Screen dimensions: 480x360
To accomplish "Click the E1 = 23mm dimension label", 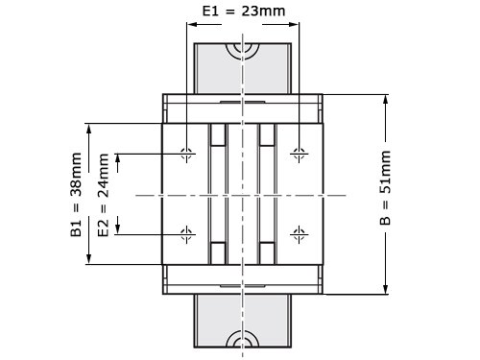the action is [244, 12].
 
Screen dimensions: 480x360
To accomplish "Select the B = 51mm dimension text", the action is [385, 188].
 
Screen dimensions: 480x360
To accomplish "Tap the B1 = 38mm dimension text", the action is [76, 195].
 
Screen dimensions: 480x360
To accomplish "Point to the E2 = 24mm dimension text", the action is [104, 195].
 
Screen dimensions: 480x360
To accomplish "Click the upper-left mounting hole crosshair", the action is [186, 154].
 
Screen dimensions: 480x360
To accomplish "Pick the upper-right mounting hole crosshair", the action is [299, 154].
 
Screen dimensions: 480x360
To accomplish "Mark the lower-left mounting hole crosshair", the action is [186, 234].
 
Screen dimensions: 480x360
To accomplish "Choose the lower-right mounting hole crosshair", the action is [299, 234].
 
